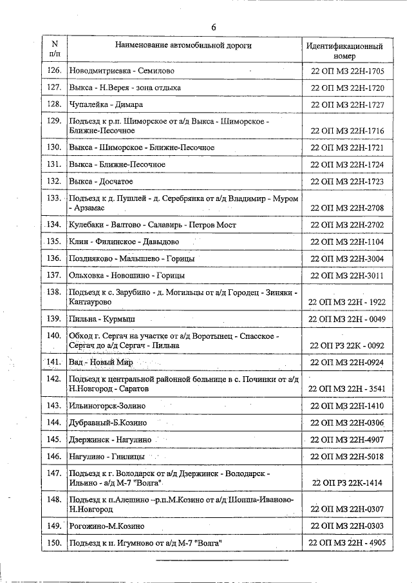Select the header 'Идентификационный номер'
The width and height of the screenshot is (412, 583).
345,52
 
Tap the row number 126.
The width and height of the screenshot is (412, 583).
55,70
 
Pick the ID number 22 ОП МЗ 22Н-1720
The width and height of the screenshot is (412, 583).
347,88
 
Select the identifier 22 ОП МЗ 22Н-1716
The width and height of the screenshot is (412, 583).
347,131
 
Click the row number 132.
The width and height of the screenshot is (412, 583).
55,182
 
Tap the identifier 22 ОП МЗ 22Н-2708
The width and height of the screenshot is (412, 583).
347,208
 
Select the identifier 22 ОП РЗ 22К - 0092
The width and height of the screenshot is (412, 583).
347,345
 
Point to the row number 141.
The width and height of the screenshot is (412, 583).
55,363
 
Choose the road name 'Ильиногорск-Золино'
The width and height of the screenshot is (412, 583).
107,406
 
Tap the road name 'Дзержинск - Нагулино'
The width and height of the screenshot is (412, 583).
110,439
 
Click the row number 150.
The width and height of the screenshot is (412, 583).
55,543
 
